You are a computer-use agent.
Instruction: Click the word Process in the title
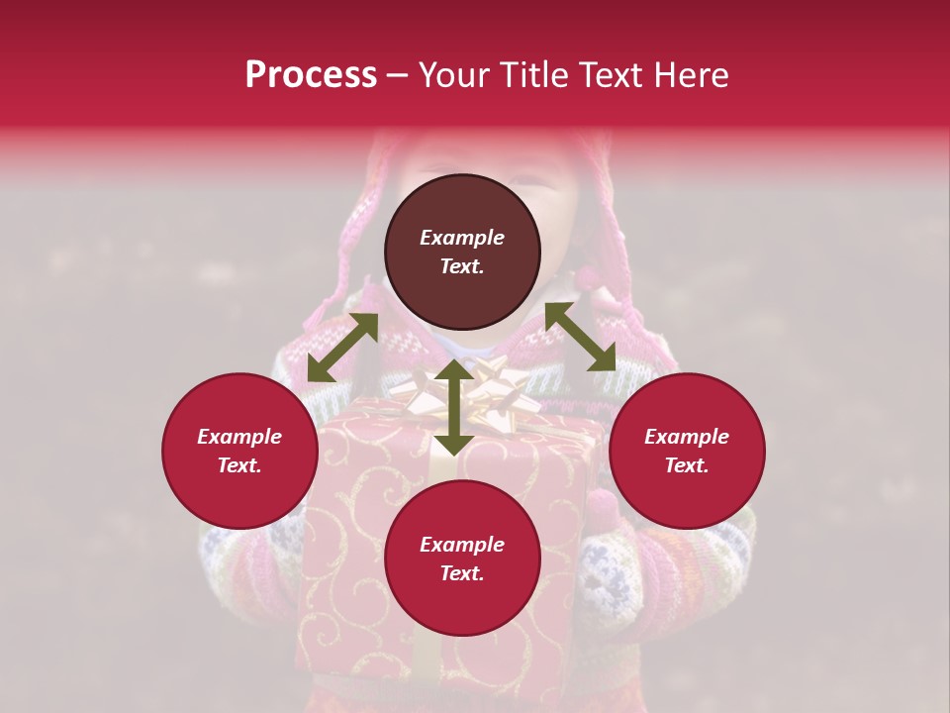pyautogui.click(x=311, y=75)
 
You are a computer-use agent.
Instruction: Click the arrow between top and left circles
pyautogui.click(x=342, y=348)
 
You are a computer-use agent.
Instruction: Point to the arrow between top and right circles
pyautogui.click(x=580, y=337)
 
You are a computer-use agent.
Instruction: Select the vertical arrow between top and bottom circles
pyautogui.click(x=454, y=407)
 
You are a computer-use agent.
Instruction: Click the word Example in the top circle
pyautogui.click(x=462, y=238)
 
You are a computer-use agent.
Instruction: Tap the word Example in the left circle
pyautogui.click(x=239, y=437)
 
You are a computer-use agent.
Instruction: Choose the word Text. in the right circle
pyautogui.click(x=687, y=465)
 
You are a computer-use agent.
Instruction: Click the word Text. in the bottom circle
pyautogui.click(x=462, y=573)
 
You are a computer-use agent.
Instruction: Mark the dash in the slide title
pyautogui.click(x=398, y=75)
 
